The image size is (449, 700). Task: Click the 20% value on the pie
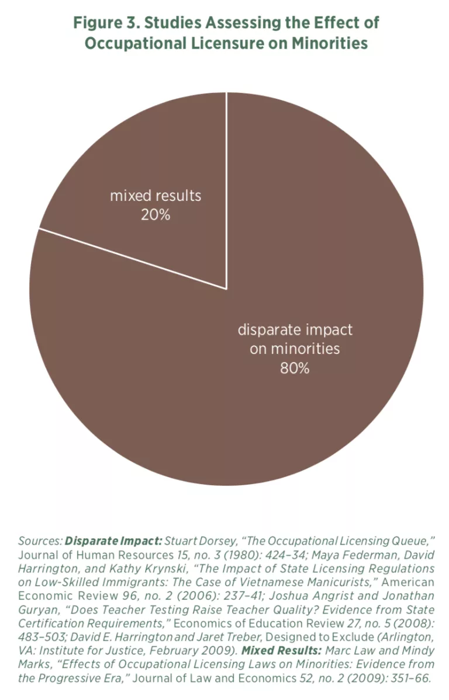(x=155, y=215)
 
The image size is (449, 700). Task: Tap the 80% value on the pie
(x=295, y=368)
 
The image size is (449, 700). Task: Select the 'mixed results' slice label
(x=155, y=196)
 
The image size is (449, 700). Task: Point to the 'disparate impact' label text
(x=295, y=329)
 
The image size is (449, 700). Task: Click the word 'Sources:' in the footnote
(x=40, y=541)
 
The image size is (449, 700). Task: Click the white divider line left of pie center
(x=132, y=258)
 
